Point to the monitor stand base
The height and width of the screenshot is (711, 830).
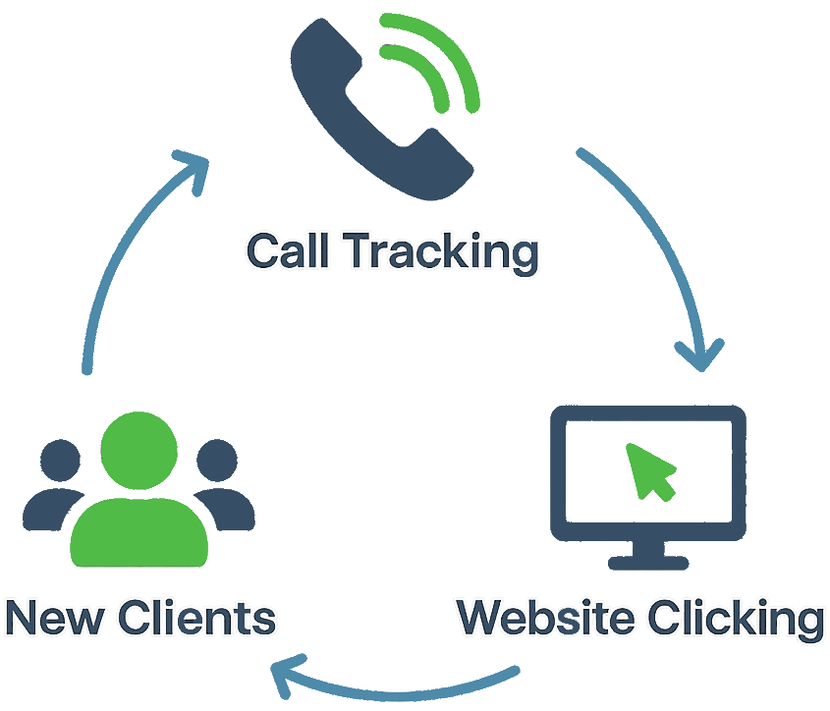tap(647, 562)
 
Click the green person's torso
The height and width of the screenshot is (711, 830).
tap(139, 530)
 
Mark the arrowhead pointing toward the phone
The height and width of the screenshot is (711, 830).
tap(193, 167)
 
